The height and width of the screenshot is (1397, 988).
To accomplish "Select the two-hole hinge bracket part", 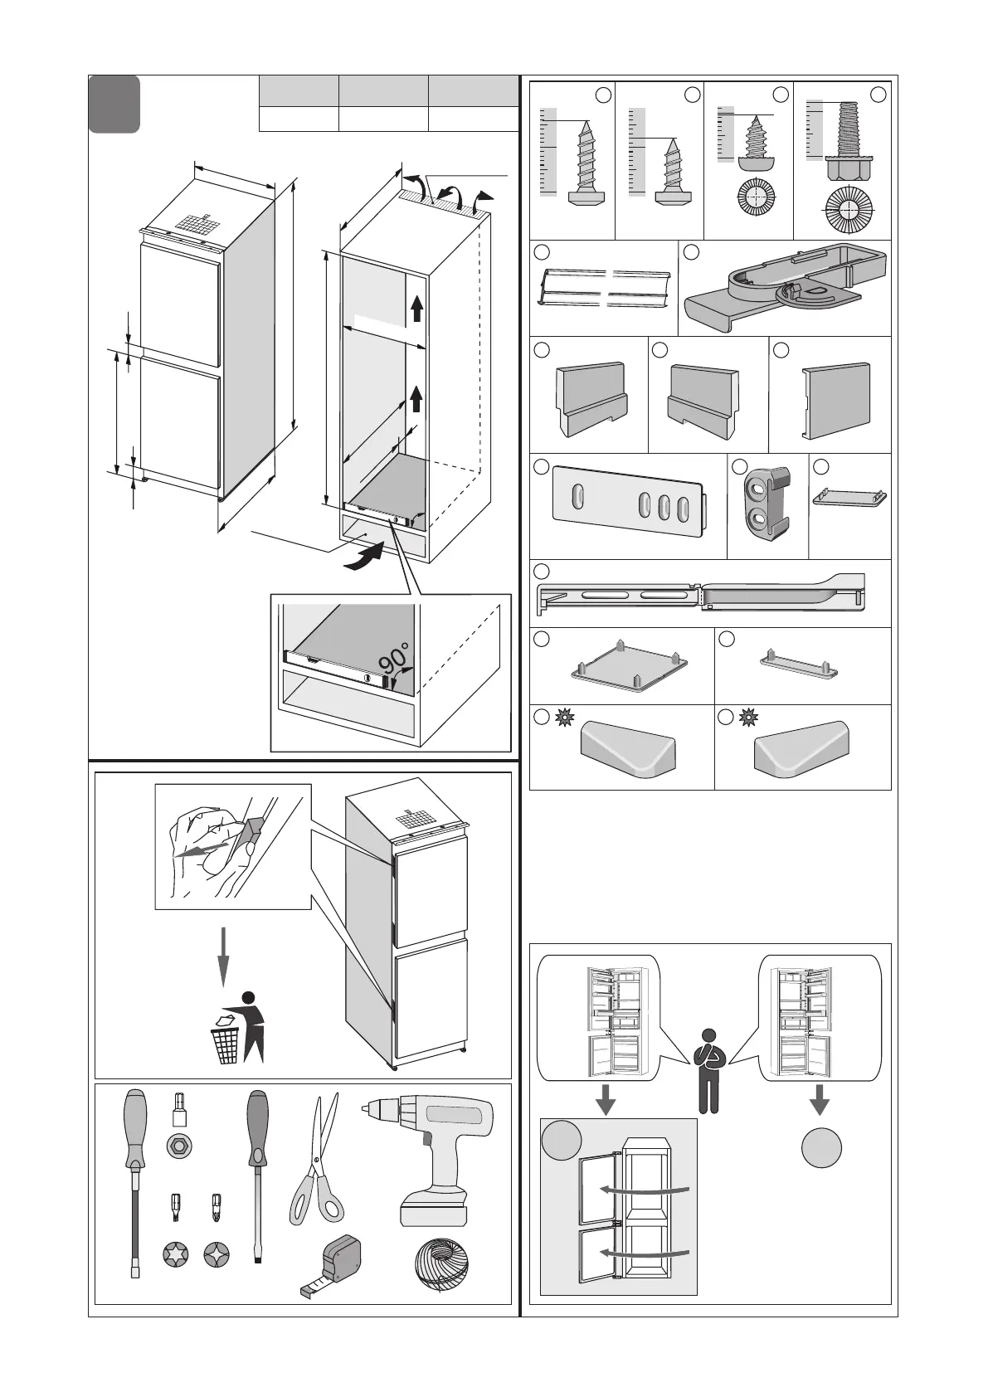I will tap(767, 505).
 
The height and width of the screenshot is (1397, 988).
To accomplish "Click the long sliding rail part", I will tap(702, 594).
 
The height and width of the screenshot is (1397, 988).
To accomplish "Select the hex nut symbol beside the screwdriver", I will tap(177, 1147).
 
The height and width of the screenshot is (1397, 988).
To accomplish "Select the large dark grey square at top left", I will tap(114, 105).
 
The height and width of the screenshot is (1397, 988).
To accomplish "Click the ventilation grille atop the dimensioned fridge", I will tap(196, 224).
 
